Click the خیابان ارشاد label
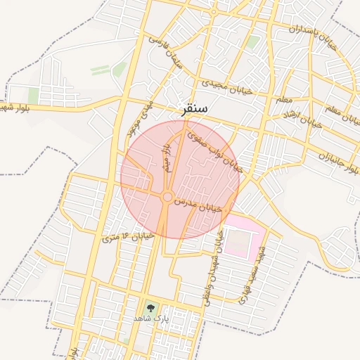pos(302,117)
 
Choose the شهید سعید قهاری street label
pos(252,275)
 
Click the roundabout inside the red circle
pos(167,198)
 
